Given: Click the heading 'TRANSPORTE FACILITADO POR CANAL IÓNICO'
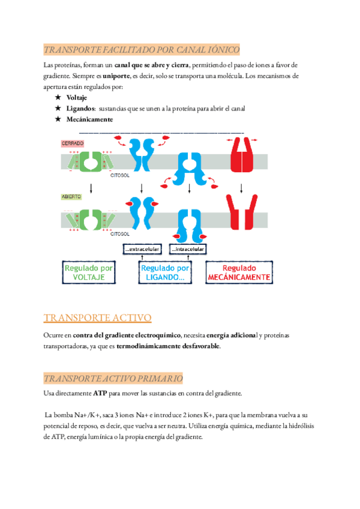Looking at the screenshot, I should point(142,49).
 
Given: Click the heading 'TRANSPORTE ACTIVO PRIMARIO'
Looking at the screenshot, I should point(113,378).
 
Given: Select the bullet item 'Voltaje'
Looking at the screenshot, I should point(76,98).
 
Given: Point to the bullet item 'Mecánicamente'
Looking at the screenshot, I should point(89,119).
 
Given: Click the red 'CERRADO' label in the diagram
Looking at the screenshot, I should point(72,143).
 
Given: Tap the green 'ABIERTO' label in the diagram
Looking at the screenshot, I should point(71,196).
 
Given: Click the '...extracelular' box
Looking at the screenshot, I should point(142,249).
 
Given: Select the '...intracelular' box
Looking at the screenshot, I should point(188,249).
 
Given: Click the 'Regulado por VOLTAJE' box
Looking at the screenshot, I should point(89,273).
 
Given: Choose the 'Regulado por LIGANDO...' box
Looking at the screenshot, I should point(165,273).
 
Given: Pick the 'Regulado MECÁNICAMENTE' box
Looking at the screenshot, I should point(239,273).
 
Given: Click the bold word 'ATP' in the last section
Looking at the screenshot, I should point(100,393).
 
